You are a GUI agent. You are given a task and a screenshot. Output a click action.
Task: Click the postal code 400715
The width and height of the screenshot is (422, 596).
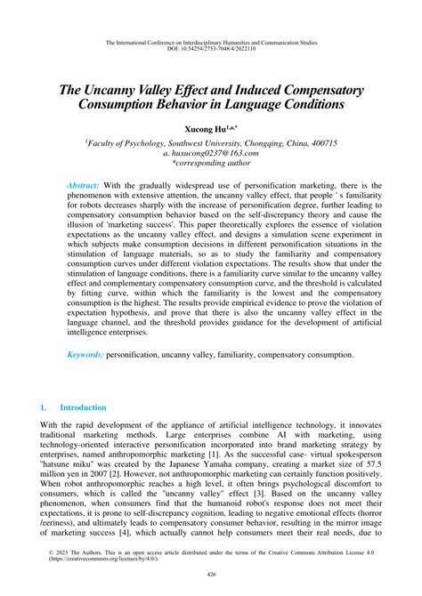346,141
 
